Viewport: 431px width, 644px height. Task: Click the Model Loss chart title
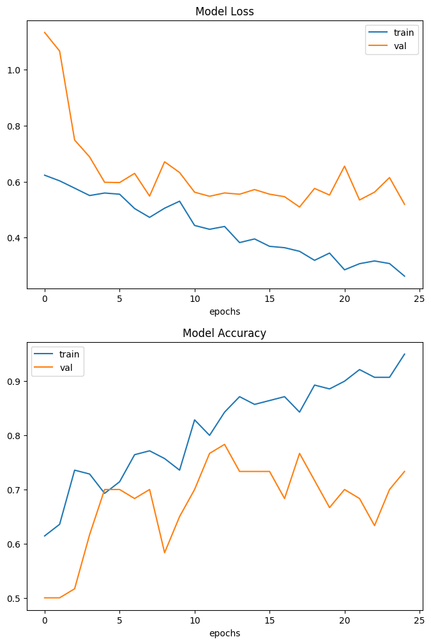[x=224, y=11]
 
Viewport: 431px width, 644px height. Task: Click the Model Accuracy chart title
[x=224, y=333]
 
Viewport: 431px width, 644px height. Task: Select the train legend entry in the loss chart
[x=404, y=32]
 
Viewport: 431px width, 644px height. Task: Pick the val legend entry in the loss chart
[x=400, y=46]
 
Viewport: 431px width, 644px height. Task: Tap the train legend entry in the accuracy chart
[x=69, y=354]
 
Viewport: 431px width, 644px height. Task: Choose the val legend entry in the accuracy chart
[x=66, y=368]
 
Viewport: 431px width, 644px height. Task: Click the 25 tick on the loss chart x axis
[x=420, y=298]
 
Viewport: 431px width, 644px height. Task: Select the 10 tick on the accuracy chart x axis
[x=194, y=620]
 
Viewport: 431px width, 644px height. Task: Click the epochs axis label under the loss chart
[x=224, y=311]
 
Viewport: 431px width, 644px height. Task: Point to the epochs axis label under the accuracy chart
[x=224, y=633]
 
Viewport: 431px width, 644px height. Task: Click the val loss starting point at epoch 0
[x=45, y=33]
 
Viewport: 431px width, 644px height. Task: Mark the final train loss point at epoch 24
[x=404, y=276]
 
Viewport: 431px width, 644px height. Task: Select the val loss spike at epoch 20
[x=344, y=166]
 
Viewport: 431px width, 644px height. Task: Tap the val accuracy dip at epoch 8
[x=164, y=553]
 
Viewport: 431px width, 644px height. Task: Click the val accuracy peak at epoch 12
[x=224, y=444]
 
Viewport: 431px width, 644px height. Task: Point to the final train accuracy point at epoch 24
[x=404, y=354]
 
